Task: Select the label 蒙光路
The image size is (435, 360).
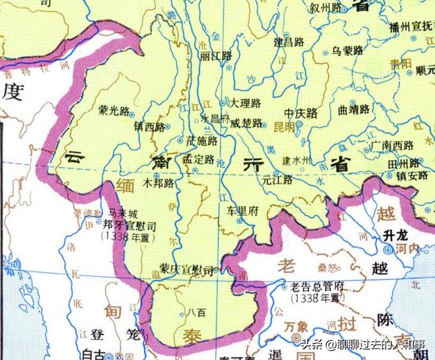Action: tap(112, 109)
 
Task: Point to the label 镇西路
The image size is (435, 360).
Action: tap(150, 125)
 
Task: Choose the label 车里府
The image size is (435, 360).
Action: tap(242, 210)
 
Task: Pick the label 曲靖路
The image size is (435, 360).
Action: tap(354, 109)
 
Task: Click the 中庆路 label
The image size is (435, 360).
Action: tap(301, 113)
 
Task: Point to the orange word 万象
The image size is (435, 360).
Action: tap(296, 325)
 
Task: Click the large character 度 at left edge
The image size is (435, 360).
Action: tap(12, 93)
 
